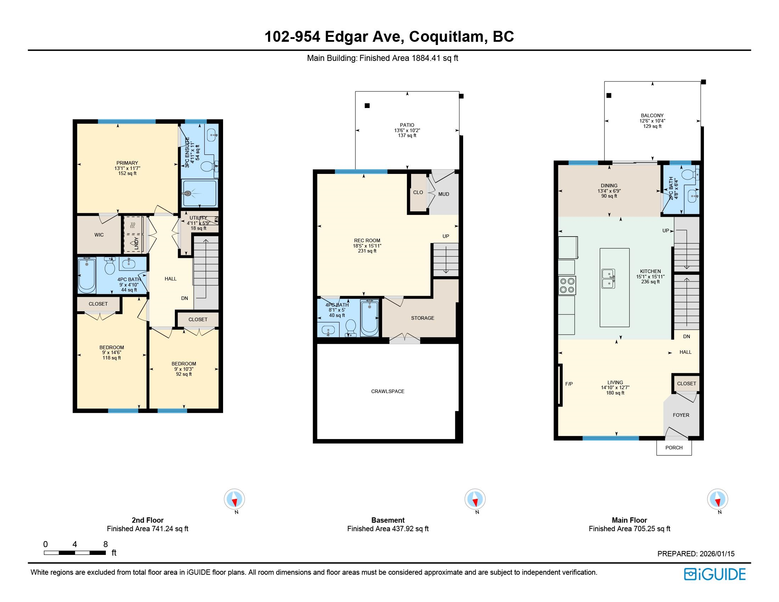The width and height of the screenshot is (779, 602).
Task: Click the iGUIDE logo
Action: pos(715,574)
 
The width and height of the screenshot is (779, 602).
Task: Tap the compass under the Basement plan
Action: pos(475,499)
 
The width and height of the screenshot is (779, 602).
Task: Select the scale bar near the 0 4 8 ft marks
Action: pos(75,553)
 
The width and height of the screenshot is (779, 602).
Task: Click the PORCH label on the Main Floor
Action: pos(674,448)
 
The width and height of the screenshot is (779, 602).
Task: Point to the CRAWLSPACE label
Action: pos(388,391)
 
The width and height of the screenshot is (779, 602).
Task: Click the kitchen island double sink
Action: pos(608,279)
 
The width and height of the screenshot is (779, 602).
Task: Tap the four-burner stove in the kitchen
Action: pos(567,285)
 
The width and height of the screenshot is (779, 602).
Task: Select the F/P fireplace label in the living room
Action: pos(569,384)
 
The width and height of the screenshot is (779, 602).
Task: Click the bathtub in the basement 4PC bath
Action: pos(369,318)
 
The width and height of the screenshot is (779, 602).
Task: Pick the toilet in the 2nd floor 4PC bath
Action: pos(110,265)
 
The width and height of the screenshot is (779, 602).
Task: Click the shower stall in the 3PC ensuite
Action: pos(199,193)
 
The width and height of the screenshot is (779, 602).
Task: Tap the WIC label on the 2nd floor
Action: pos(99,235)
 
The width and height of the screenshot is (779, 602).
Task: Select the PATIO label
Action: pos(407,125)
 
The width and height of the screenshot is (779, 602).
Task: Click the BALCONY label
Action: pos(652,115)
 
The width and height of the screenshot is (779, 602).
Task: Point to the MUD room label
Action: pos(444,194)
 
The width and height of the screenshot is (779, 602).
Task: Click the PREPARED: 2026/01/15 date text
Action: pos(696,554)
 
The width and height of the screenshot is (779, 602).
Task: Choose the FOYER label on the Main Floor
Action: pos(681,415)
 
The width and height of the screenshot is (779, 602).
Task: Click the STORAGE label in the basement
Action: pos(423,318)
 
